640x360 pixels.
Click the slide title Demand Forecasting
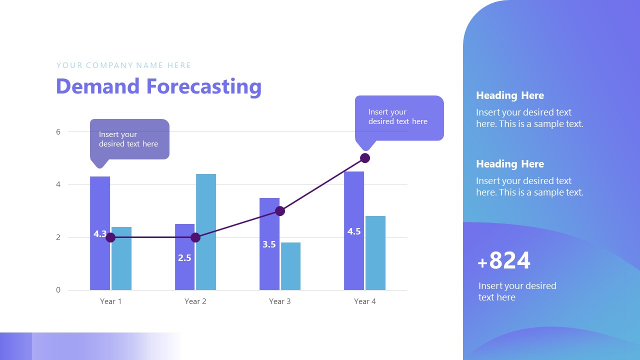[x=158, y=86]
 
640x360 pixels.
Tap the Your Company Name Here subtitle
[x=124, y=65]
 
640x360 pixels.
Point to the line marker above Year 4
[x=365, y=158]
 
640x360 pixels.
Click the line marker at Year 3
[x=280, y=211]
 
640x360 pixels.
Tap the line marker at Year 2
[x=195, y=237]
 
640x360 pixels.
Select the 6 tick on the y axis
[x=58, y=132]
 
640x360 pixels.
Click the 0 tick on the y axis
[x=58, y=290]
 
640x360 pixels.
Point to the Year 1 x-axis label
[x=110, y=301]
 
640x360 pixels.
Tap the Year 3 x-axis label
[x=280, y=301]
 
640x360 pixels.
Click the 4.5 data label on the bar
[x=354, y=231]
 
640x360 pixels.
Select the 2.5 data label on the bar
[x=184, y=258]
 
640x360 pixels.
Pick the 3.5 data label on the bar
[x=269, y=244]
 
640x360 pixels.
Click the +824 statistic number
[x=504, y=261]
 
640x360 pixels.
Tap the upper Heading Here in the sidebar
[x=509, y=95]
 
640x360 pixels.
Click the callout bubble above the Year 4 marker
[x=399, y=117]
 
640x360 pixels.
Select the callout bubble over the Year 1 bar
[x=129, y=139]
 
